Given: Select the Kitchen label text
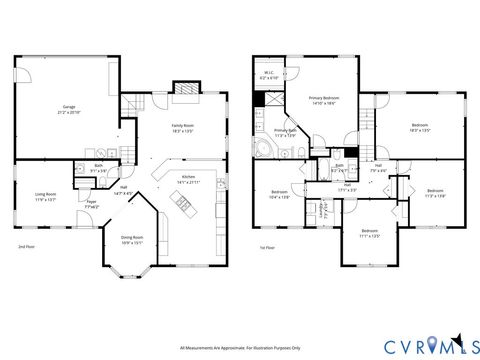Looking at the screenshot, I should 187,180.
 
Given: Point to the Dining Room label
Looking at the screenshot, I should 132,240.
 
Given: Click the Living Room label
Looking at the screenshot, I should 45,196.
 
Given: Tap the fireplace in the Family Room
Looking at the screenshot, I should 186,90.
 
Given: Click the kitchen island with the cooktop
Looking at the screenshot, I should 183,207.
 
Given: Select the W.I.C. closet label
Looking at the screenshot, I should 269,75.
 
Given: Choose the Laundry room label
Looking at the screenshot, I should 323,208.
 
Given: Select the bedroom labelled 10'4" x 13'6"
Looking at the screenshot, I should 281,194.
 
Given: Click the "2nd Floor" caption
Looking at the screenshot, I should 27,246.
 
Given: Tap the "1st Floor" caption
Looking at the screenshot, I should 266,246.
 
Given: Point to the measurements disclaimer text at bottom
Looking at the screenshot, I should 240,348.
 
